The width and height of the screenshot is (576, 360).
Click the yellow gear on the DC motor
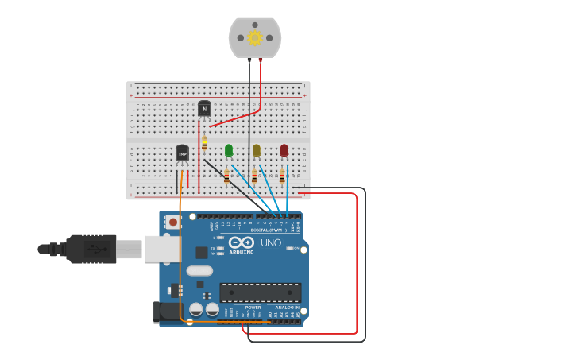pos(255,37)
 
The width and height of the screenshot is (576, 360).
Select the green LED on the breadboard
pos(229,149)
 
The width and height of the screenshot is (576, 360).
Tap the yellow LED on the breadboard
pos(256,149)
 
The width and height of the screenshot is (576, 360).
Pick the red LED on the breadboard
pos(284,149)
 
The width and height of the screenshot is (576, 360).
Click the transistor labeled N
pos(204,109)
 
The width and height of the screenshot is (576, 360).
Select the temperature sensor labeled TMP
pos(182,153)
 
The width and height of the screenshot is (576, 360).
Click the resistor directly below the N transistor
pos(204,143)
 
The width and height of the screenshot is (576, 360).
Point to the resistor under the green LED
pos(226,176)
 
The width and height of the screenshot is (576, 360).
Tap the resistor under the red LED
pos(281,176)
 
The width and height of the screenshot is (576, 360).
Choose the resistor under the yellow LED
pos(254,176)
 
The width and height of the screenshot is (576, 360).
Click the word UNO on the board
pos(271,242)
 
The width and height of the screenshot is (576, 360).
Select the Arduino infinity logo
pos(242,242)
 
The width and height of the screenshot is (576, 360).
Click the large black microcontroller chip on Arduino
pos(260,292)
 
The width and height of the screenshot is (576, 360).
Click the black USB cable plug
pos(92,249)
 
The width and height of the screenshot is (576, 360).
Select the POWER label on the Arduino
pos(253,307)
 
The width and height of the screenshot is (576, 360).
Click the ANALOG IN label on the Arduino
pos(287,307)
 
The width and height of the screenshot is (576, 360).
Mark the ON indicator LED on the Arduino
pos(290,248)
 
